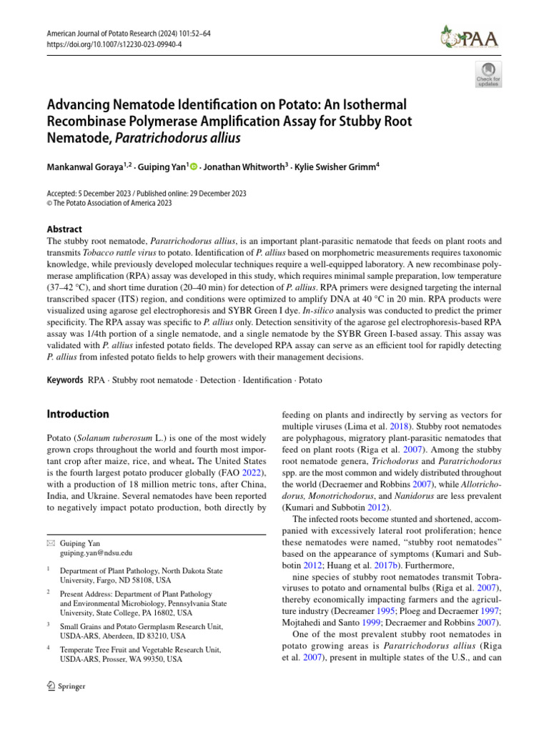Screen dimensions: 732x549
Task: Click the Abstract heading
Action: pos(64,229)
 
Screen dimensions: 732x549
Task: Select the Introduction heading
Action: pos(78,414)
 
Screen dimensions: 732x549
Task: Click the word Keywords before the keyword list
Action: pos(65,380)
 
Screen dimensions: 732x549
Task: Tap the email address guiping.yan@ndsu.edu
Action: pos(96,553)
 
